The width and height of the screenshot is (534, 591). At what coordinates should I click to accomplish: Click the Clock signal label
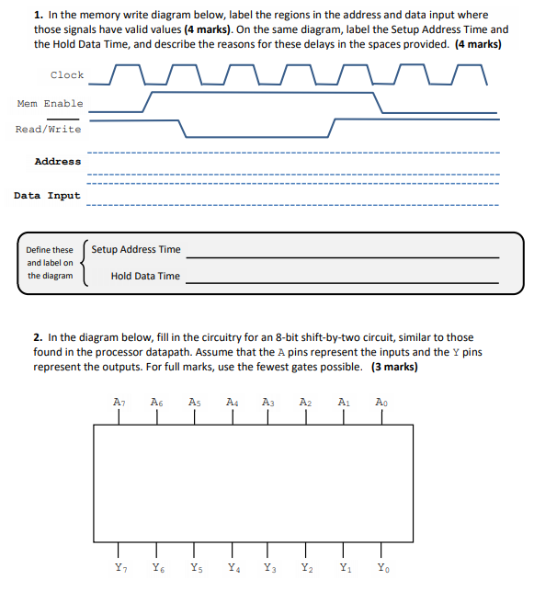pyautogui.click(x=66, y=75)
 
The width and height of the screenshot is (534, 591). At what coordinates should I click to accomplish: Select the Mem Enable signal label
pyautogui.click(x=50, y=104)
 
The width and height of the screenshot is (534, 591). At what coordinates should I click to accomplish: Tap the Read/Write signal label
pyautogui.click(x=48, y=129)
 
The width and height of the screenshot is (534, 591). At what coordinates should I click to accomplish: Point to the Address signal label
pyautogui.click(x=57, y=162)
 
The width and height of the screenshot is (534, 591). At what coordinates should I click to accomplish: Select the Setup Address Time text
pyautogui.click(x=136, y=249)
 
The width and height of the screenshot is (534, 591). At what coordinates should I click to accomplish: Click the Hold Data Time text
pyautogui.click(x=145, y=276)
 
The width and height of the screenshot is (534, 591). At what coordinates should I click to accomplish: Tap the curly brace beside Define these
pyautogui.click(x=85, y=263)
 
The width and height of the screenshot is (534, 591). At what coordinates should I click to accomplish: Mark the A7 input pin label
pyautogui.click(x=119, y=402)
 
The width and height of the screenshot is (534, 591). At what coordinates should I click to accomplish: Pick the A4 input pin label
pyautogui.click(x=232, y=402)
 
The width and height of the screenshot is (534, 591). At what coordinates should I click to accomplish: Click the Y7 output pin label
pyautogui.click(x=119, y=568)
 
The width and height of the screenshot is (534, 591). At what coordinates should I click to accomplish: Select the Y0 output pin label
pyautogui.click(x=382, y=568)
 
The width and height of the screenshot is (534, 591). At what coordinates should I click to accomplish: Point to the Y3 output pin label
pyautogui.click(x=269, y=568)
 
